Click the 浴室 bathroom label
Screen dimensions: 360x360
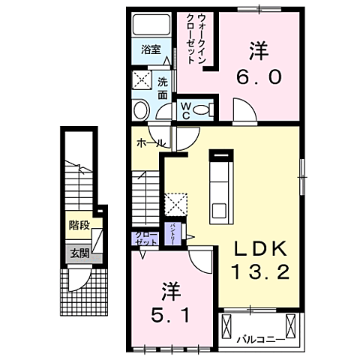151,50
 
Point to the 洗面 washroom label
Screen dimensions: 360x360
163,88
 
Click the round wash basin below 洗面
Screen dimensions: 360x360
141,110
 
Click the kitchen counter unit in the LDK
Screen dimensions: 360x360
221,187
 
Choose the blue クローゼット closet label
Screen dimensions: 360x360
145,240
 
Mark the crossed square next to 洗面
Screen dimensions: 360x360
142,79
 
